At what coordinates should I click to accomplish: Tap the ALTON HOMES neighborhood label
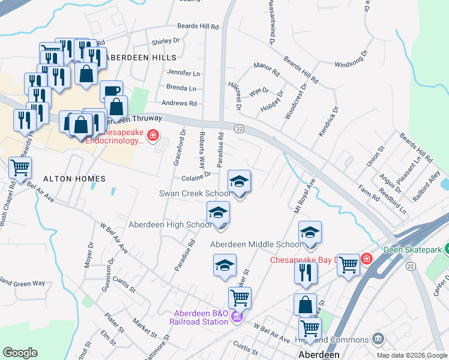click(74, 179)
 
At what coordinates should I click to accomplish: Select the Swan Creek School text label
click(194, 194)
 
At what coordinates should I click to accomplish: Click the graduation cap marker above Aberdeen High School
click(218, 212)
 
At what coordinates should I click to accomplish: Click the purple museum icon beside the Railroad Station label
click(237, 317)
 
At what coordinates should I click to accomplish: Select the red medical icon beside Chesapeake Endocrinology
click(152, 136)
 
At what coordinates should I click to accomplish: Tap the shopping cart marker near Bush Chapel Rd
click(20, 167)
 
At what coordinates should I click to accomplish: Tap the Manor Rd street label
click(267, 73)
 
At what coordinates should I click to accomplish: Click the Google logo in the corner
click(20, 352)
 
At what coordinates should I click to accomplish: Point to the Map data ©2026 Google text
click(412, 355)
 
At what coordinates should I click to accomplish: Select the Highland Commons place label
click(338, 340)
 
